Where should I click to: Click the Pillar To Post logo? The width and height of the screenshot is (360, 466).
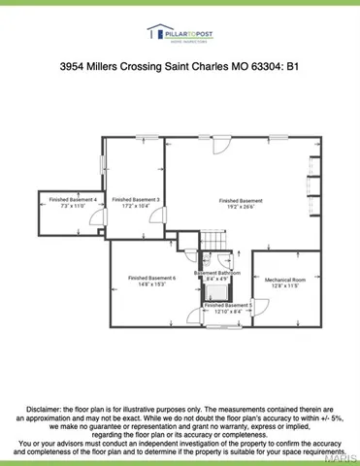180,34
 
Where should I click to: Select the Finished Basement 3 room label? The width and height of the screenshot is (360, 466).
136,199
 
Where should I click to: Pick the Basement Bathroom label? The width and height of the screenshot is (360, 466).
217,274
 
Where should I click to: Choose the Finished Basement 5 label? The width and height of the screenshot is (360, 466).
229,304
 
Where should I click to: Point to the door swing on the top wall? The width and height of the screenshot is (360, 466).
224,147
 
